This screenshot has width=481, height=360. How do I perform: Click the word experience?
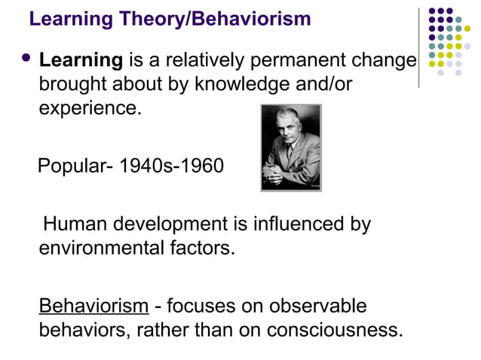pyautogui.click(x=90, y=108)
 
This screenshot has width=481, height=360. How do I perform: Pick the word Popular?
pyautogui.click(x=69, y=165)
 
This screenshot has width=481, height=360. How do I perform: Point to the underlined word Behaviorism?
pyautogui.click(x=93, y=307)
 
